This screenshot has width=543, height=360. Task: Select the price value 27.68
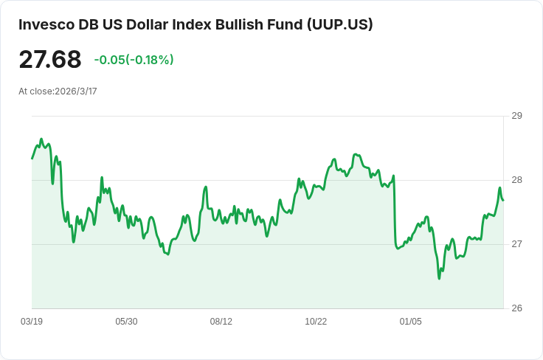point(50,59)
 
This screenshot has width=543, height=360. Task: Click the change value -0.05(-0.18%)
point(134,60)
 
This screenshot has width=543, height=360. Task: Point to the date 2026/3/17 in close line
point(76,91)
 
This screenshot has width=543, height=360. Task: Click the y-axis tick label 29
point(516,116)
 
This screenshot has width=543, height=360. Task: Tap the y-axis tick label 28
point(516,180)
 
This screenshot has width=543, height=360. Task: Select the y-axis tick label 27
point(516,244)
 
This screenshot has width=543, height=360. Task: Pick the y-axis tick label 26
point(516,308)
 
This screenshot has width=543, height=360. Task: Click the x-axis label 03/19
point(32,322)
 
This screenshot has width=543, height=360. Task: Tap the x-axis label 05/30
point(126,322)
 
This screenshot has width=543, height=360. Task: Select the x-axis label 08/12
point(221,322)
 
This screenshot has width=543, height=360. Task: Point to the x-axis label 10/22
point(316,322)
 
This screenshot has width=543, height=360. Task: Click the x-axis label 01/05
point(410,322)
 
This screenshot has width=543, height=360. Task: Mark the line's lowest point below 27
point(439,278)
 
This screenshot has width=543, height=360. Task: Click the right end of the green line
point(503,200)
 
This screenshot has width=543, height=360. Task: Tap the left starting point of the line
point(32,159)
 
